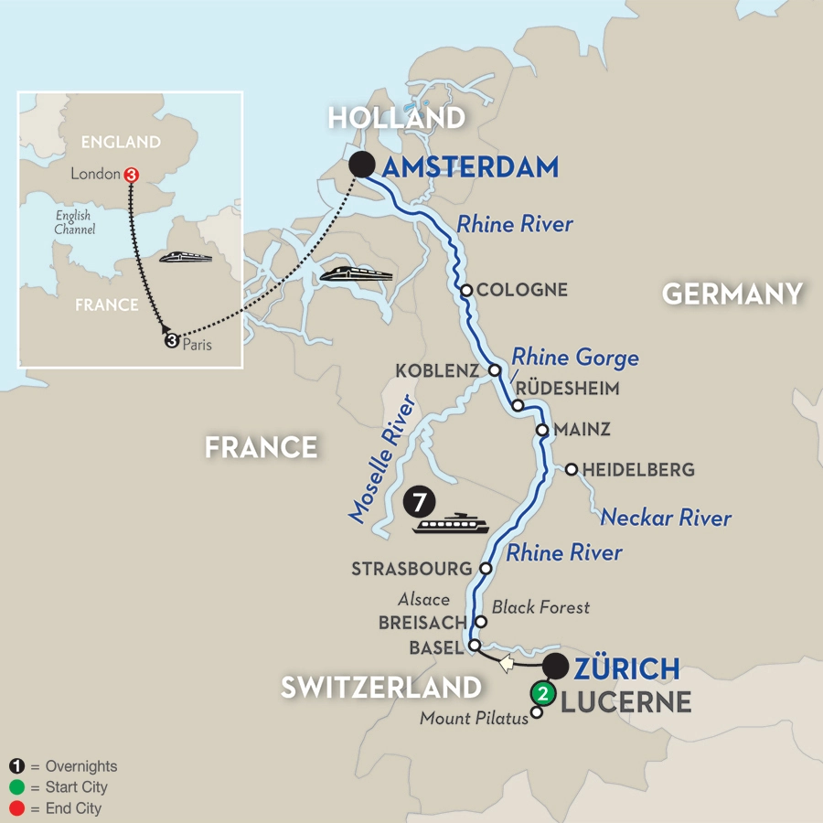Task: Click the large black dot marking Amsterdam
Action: tap(362, 165)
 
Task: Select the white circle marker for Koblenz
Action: tap(495, 371)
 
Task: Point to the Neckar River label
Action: tap(666, 518)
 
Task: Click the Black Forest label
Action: tap(541, 606)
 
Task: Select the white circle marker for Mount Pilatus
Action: tap(537, 713)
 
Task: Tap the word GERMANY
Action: tap(732, 294)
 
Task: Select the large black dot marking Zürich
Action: tap(557, 666)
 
